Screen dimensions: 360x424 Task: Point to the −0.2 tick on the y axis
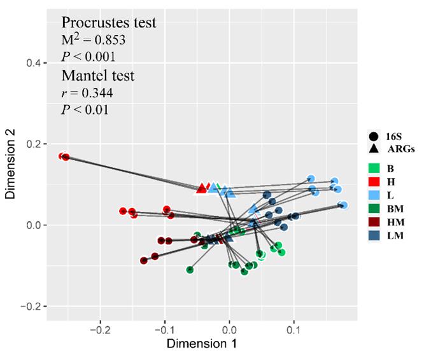31,306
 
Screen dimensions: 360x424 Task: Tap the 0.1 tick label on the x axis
293,331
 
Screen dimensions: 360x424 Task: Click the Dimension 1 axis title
202,345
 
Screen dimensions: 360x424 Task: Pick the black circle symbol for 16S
373,135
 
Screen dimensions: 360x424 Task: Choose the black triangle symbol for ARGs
373,148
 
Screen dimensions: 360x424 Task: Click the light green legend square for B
374,168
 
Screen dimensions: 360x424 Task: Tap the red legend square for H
374,182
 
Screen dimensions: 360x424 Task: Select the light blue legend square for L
374,195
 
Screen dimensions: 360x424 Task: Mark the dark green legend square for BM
374,209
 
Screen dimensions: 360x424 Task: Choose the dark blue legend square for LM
374,236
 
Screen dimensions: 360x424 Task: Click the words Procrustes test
109,23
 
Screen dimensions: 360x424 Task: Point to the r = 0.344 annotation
87,93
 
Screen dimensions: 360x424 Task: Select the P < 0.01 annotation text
85,109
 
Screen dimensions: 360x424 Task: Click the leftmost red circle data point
62,156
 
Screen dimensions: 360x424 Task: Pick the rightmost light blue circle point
344,205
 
